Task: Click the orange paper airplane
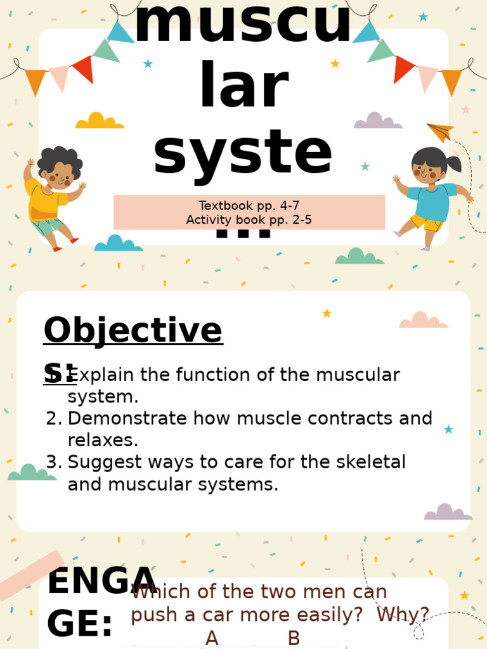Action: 441,132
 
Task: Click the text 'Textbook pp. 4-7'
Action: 249,205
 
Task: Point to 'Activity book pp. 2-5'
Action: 249,220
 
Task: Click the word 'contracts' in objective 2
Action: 335,418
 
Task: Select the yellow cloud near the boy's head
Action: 100,121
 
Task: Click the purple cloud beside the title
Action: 378,121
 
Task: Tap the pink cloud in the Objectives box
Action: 424,320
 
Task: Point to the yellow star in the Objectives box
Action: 327,313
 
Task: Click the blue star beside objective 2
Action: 448,429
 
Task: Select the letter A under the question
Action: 212,638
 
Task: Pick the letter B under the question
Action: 294,638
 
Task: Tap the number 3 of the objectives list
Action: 53,462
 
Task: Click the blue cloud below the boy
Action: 118,243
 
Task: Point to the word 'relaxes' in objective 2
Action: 103,440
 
